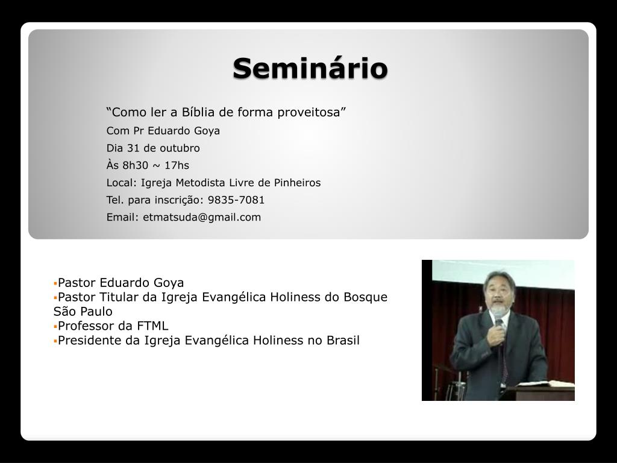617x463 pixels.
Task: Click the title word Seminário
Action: pos(310,68)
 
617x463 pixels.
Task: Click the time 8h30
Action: pos(135,165)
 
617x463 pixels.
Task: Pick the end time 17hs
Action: pos(177,165)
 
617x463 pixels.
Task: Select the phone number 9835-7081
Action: pos(236,200)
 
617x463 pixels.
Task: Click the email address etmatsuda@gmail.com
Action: pos(202,217)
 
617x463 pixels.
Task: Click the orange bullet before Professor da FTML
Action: pos(55,326)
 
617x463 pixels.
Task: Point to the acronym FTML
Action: pos(152,326)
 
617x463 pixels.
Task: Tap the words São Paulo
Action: pos(83,312)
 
